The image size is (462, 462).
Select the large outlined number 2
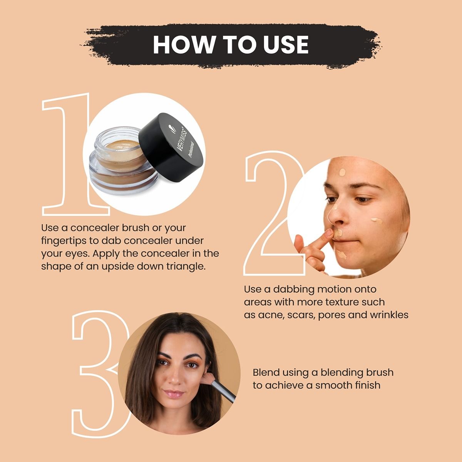pyautogui.click(x=269, y=216)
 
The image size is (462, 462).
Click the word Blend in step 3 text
pyautogui.click(x=266, y=372)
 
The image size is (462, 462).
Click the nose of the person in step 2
pyautogui.click(x=335, y=216)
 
